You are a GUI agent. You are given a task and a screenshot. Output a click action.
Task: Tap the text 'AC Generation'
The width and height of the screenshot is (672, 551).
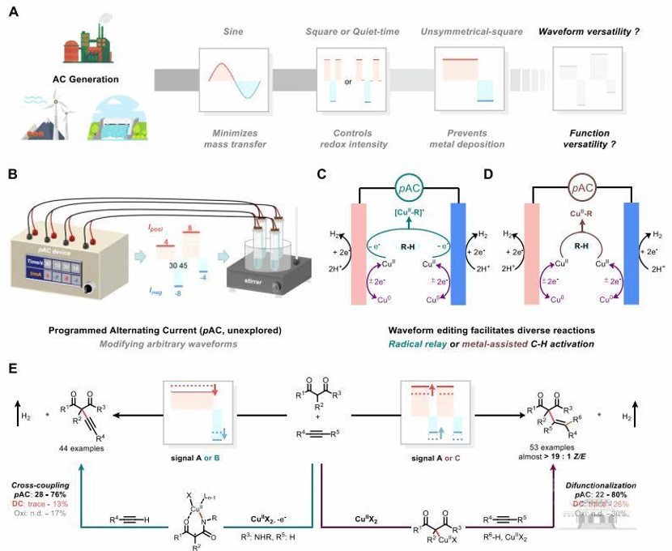pos(70,79)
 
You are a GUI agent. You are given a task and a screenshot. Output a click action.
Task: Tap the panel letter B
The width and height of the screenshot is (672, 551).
pos(13,173)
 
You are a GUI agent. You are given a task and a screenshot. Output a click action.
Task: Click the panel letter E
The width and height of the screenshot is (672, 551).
pos(13,369)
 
